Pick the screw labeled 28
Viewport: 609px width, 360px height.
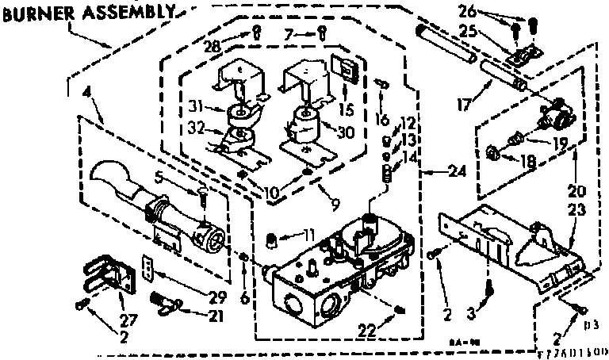point(257,32)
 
